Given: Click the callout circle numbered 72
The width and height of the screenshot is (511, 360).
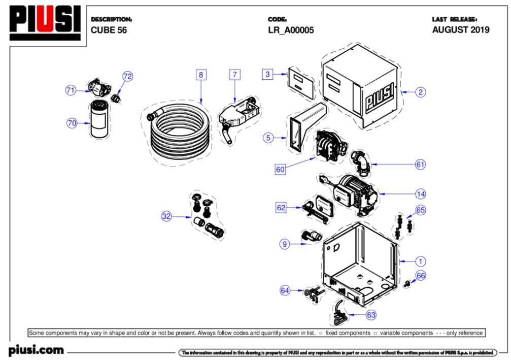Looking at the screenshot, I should click(x=127, y=76).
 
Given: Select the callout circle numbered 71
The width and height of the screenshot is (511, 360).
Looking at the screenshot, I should click(x=71, y=90).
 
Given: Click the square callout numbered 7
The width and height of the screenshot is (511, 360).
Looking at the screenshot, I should click(x=234, y=75).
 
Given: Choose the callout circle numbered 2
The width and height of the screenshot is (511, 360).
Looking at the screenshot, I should click(x=420, y=92).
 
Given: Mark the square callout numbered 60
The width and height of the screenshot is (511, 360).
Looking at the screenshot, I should click(x=280, y=170).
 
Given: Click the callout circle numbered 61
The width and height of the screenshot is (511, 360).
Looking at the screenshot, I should click(x=420, y=165).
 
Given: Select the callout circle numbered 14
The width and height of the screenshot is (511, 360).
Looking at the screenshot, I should click(x=420, y=193).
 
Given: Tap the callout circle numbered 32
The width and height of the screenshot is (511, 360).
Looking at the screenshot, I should click(x=166, y=216).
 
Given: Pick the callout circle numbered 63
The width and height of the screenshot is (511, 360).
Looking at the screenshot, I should click(x=371, y=315).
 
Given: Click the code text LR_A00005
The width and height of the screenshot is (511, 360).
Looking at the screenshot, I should click(x=291, y=30).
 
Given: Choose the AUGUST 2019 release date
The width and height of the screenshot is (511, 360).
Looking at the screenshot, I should click(x=460, y=30).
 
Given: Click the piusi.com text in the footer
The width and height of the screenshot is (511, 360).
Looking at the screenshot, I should click(x=36, y=350).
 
